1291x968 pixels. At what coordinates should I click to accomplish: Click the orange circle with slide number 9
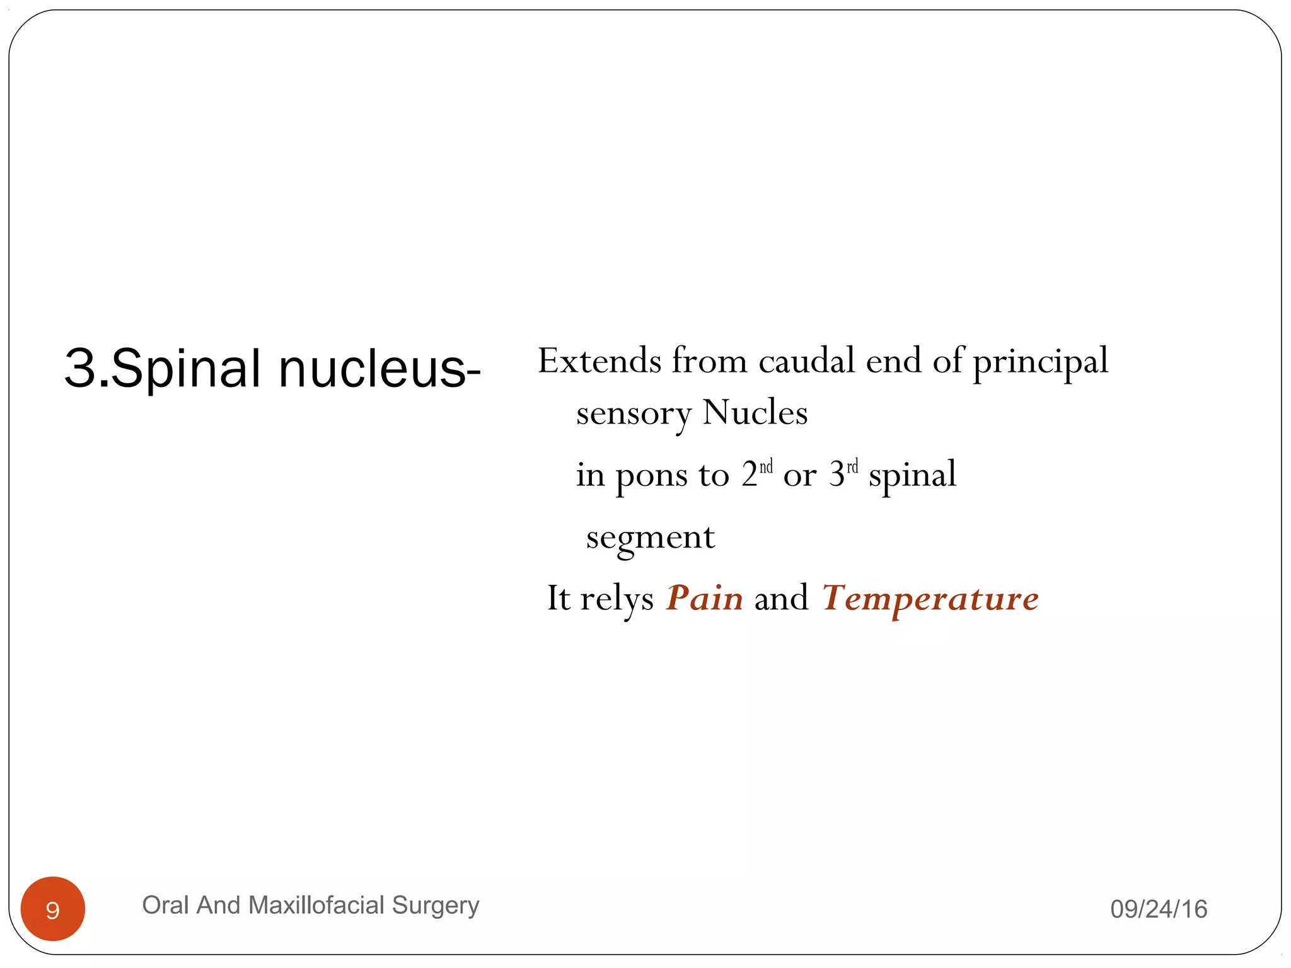coord(53,909)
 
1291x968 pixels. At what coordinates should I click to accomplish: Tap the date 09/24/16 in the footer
coord(1159,909)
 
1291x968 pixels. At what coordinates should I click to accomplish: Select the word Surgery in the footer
coord(436,906)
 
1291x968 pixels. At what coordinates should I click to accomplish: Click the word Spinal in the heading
coord(186,369)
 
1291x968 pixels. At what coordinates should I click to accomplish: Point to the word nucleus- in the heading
coord(379,369)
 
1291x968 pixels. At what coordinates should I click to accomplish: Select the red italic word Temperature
coord(930,599)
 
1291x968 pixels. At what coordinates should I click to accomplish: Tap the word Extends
coord(599,361)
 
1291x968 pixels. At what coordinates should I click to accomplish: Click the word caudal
coord(807,361)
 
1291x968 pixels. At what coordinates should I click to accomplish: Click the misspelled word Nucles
coord(755,413)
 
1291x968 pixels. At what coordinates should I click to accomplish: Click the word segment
coord(651,538)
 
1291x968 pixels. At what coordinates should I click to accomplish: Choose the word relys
coord(617,599)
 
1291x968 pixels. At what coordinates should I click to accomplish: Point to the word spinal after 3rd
coord(912,475)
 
